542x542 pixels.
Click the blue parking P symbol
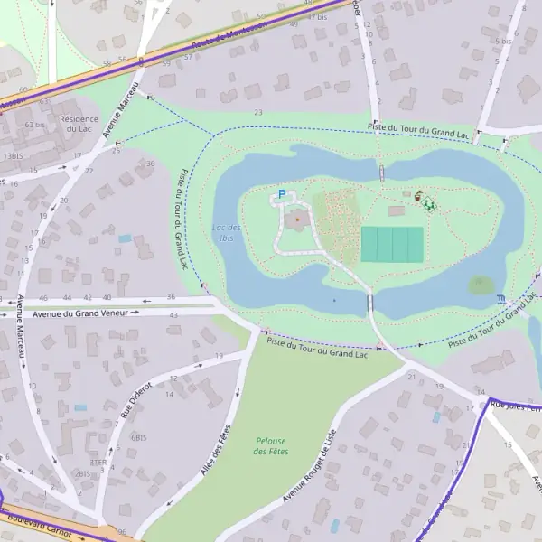pos(281,194)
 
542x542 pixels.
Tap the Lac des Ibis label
pos(226,233)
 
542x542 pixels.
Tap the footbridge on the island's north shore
pos(382,172)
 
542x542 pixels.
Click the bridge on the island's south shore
pos(369,303)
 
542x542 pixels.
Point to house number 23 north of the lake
pos(258,113)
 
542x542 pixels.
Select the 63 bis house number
pos(35,125)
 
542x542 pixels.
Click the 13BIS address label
pos(13,156)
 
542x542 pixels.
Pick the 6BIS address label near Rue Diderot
pos(138,437)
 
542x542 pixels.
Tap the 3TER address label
pos(98,462)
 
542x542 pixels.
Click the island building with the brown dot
pos(297,220)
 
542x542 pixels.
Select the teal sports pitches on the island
pos(392,245)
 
